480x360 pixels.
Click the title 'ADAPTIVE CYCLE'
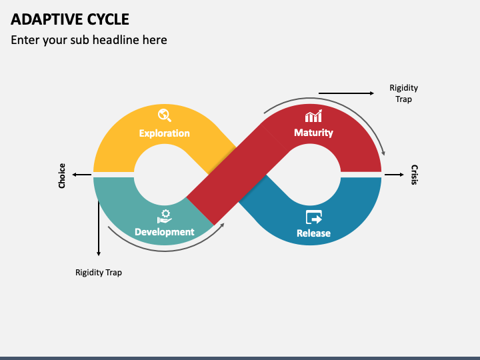[70, 19]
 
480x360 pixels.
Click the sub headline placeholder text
[89, 40]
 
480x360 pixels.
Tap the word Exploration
[165, 133]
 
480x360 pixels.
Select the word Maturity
[313, 133]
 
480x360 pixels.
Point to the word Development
[165, 232]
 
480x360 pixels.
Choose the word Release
[313, 233]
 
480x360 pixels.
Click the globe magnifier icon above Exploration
[165, 115]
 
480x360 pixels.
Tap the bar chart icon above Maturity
[313, 116]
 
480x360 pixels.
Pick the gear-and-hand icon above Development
[165, 217]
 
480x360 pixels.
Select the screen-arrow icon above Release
[314, 217]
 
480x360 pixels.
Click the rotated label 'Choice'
[62, 176]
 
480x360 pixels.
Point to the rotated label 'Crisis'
[414, 175]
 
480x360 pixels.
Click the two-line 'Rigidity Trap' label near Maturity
[403, 93]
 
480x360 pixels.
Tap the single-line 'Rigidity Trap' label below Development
[99, 273]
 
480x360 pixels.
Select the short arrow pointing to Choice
[82, 175]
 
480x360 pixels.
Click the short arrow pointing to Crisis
[394, 175]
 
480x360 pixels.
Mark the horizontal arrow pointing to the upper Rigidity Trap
[346, 93]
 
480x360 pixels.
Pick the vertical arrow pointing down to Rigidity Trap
[99, 229]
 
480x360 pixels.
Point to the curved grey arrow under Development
[165, 251]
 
